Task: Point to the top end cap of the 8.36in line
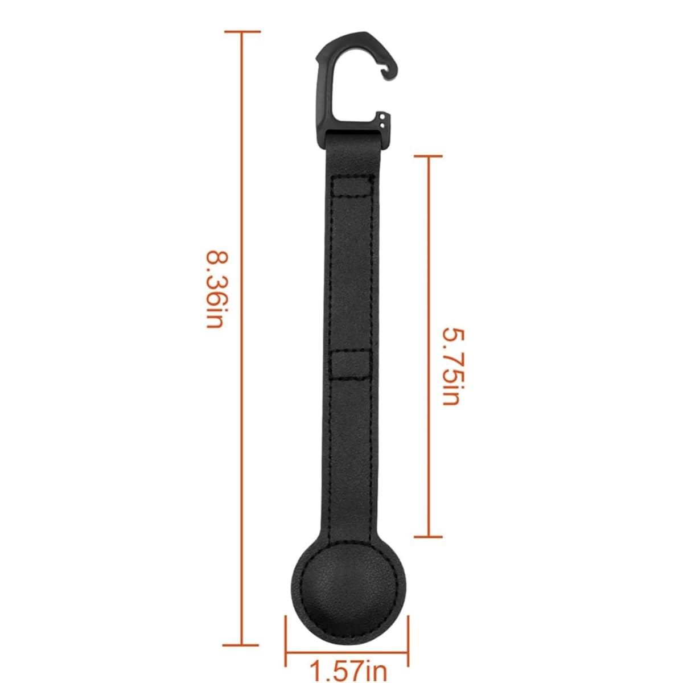point(243,32)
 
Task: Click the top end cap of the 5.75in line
point(428,155)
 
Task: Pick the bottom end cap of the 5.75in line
point(428,536)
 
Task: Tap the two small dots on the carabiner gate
point(385,122)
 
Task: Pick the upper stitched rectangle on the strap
point(352,187)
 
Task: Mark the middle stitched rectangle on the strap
point(350,365)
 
